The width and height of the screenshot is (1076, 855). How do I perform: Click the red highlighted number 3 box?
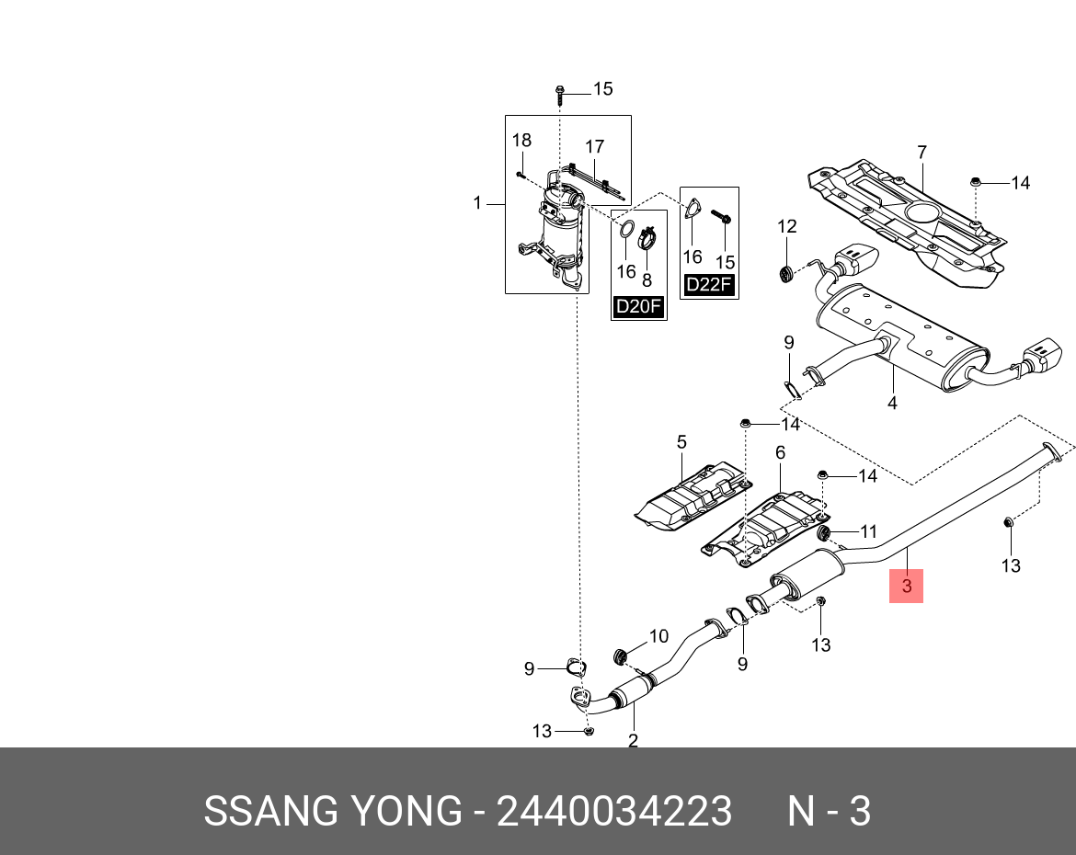click(x=906, y=586)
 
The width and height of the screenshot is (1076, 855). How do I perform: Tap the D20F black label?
click(x=638, y=307)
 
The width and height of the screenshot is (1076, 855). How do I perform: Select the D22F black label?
click(x=709, y=286)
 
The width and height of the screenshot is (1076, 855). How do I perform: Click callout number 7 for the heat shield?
click(x=921, y=153)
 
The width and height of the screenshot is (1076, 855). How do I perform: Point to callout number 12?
click(x=786, y=226)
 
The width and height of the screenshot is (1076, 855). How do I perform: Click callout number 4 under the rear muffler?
click(x=891, y=403)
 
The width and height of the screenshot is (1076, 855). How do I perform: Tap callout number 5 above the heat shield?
click(x=681, y=442)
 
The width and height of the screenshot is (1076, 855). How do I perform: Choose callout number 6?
click(x=780, y=452)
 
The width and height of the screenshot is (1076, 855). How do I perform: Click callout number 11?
click(x=868, y=531)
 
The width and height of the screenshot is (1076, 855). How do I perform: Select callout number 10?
click(x=658, y=636)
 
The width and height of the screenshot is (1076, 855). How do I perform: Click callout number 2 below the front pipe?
click(x=633, y=740)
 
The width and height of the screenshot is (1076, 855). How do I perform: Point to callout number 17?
click(x=594, y=146)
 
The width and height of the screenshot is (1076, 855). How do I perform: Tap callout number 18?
click(x=521, y=141)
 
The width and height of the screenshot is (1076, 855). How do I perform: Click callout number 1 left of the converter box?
click(x=477, y=202)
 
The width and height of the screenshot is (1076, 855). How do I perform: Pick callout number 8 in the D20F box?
click(x=647, y=279)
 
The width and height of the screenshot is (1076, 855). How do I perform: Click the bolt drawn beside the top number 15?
click(x=560, y=94)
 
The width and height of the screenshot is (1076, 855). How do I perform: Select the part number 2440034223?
click(x=614, y=812)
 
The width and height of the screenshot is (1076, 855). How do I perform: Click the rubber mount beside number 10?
click(x=621, y=655)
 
